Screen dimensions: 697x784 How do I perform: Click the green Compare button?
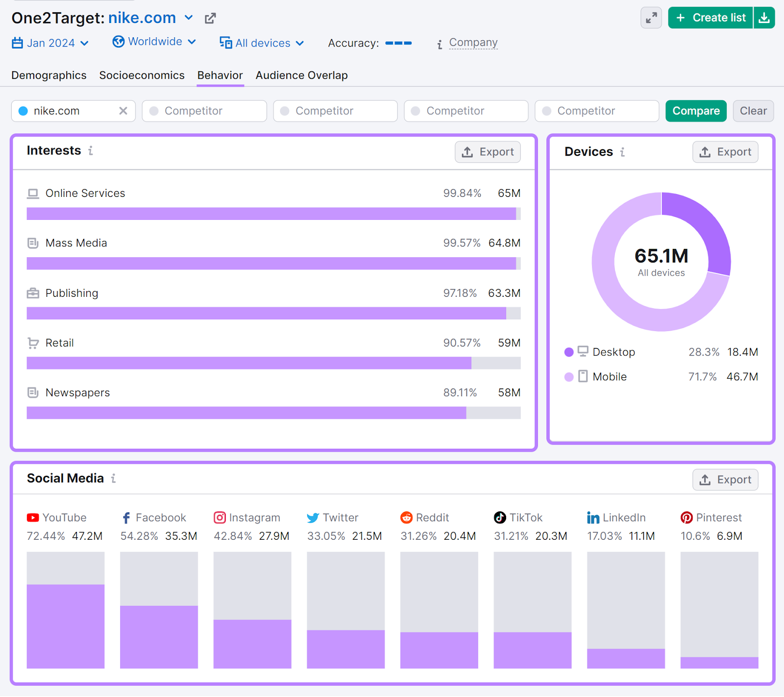pyautogui.click(x=695, y=111)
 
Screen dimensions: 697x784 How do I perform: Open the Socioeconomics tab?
pyautogui.click(x=142, y=75)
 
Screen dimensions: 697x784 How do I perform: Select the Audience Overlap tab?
pyautogui.click(x=301, y=75)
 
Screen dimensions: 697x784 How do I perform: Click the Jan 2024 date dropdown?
pyautogui.click(x=50, y=43)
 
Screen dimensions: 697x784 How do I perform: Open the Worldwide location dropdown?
pyautogui.click(x=154, y=42)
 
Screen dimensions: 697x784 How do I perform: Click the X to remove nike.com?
pyautogui.click(x=123, y=111)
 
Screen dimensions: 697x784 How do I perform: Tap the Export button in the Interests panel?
pyautogui.click(x=488, y=152)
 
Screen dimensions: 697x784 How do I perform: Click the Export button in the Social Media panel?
pyautogui.click(x=725, y=480)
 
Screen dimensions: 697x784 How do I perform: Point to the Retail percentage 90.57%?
pyautogui.click(x=462, y=343)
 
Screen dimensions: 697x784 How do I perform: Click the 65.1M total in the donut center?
pyautogui.click(x=661, y=256)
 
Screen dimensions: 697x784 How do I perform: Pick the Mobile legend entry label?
pyautogui.click(x=609, y=377)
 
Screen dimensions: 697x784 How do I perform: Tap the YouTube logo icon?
pyautogui.click(x=33, y=518)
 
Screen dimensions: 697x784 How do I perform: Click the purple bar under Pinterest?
pyautogui.click(x=719, y=663)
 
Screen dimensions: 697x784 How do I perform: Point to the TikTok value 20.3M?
pyautogui.click(x=551, y=536)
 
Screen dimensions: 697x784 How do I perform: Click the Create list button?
pyautogui.click(x=710, y=18)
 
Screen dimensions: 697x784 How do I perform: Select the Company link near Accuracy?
pyautogui.click(x=473, y=43)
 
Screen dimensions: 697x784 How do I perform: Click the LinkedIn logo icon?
pyautogui.click(x=593, y=518)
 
